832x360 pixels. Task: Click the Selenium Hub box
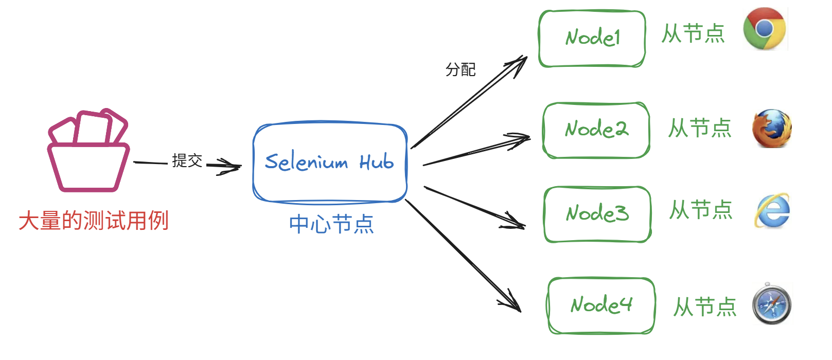pos(330,162)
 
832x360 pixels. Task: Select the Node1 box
pos(592,39)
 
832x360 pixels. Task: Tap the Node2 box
pos(596,130)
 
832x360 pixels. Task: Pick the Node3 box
pos(597,214)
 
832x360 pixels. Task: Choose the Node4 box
pos(600,305)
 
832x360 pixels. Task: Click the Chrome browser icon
pos(764,29)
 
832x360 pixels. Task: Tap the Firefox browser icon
pos(771,129)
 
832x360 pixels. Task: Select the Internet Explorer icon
pos(772,211)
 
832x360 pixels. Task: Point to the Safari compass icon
pos(771,304)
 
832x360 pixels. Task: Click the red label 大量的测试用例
pos(94,221)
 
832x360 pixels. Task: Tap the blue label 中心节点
pos(331,224)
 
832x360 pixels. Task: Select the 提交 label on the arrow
pos(187,161)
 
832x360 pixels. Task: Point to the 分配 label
pos(461,69)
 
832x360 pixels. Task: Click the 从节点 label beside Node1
pos(693,34)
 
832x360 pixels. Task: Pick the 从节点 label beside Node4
pos(705,307)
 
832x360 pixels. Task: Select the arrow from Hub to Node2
pos(476,151)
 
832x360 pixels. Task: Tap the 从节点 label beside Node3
pos(701,210)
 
